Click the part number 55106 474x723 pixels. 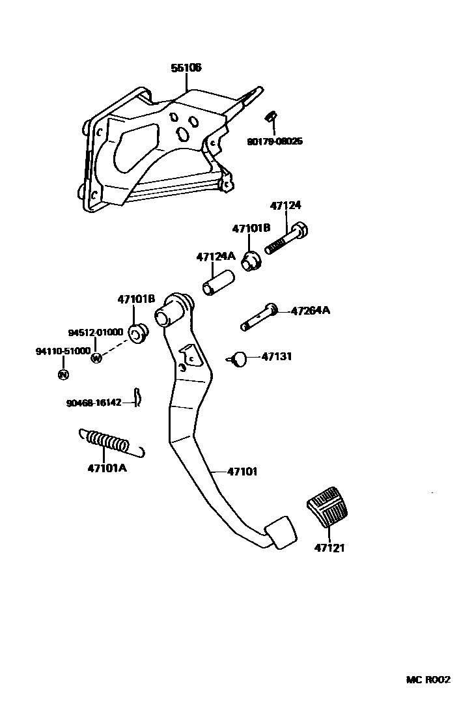(x=186, y=68)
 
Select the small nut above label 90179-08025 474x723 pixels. (x=270, y=117)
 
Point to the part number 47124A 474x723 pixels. (x=216, y=257)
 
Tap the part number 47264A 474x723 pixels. (x=310, y=311)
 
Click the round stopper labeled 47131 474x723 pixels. (x=239, y=358)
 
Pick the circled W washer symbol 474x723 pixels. (x=97, y=358)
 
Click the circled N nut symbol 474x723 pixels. (x=63, y=375)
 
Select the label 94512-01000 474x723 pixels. (x=96, y=332)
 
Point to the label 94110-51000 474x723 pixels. (x=63, y=351)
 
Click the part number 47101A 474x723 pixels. (x=107, y=467)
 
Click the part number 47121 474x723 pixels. (x=329, y=548)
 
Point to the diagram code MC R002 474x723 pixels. (x=428, y=679)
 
